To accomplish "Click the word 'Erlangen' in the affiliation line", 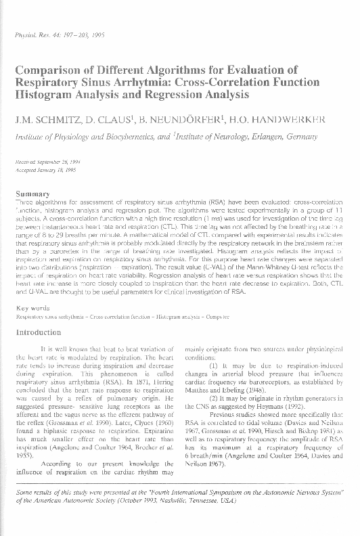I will [257, 135].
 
